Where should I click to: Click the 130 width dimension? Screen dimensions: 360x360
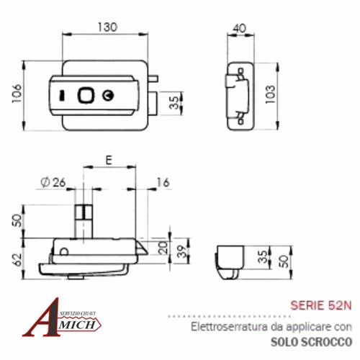coord(107,27)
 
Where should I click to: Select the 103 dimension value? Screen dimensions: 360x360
coord(270,94)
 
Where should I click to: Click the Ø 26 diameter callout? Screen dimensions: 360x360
coord(53,183)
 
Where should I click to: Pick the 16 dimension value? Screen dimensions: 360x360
coord(162,183)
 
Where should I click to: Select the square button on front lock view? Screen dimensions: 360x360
coord(86,94)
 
